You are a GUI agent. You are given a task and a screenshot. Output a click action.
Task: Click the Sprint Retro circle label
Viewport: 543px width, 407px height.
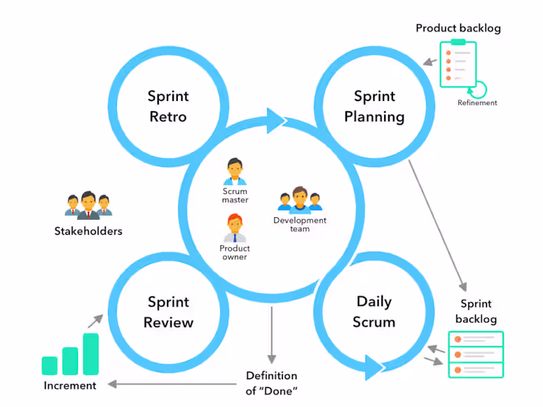[168, 106]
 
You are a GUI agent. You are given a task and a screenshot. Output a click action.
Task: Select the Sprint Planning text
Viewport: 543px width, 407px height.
[374, 106]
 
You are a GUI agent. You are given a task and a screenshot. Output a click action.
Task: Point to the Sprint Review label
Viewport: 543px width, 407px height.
[168, 311]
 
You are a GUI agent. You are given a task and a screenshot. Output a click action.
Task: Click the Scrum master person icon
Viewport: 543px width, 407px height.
[235, 172]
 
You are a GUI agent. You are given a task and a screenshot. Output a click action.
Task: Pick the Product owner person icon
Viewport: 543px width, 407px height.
[235, 228]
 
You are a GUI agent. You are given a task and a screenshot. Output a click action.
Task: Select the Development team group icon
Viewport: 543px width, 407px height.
[299, 199]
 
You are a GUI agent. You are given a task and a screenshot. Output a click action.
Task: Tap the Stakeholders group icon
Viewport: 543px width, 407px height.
[88, 206]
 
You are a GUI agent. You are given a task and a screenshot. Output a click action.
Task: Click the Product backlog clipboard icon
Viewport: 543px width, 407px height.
[458, 63]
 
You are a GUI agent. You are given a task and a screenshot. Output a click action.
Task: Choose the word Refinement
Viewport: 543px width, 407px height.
[477, 103]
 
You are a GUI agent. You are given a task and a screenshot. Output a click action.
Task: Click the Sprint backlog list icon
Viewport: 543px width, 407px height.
[476, 354]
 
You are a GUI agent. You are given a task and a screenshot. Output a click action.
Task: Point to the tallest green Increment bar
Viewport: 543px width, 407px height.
[91, 353]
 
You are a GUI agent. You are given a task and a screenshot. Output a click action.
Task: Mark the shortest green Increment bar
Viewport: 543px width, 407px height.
[50, 366]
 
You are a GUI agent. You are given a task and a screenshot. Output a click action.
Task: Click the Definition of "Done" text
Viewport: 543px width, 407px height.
[271, 383]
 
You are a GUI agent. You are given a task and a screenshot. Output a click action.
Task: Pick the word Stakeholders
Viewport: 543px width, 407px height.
[88, 231]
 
